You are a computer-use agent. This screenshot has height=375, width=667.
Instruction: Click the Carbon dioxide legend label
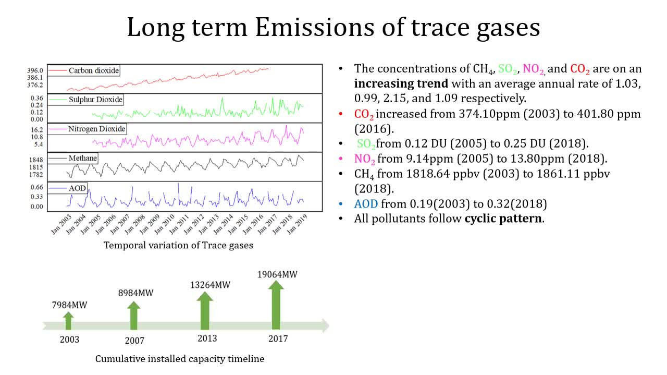click(94, 70)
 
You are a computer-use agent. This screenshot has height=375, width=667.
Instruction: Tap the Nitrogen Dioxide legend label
click(97, 129)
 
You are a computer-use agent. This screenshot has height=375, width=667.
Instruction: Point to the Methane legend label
click(83, 158)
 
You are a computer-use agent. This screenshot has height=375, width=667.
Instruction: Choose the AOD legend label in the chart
click(77, 187)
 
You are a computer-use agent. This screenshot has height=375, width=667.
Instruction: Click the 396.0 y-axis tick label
click(36, 70)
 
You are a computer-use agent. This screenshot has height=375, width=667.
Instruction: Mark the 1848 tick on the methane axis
click(36, 160)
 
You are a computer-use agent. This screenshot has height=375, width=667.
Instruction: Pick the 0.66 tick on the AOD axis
click(36, 187)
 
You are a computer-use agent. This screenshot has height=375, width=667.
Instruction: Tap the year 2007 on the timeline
click(134, 341)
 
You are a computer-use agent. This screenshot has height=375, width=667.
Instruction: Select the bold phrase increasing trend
click(401, 83)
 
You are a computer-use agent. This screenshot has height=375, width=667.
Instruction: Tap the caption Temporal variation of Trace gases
click(178, 245)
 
